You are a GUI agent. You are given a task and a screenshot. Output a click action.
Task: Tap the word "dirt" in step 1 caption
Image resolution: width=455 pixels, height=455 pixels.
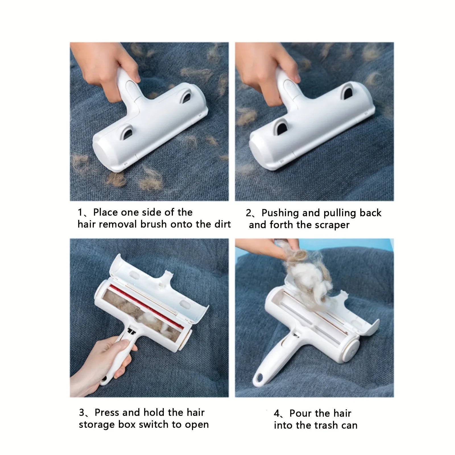click(222, 224)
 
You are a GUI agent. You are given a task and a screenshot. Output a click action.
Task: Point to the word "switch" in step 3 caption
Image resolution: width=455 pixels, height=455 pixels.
click(153, 425)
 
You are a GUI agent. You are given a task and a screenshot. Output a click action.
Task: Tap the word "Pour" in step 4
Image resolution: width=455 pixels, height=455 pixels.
click(301, 413)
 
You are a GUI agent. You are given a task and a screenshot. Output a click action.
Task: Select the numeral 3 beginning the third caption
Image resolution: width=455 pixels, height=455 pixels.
click(82, 413)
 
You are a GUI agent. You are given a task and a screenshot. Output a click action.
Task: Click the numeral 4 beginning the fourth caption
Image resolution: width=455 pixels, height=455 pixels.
click(277, 413)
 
